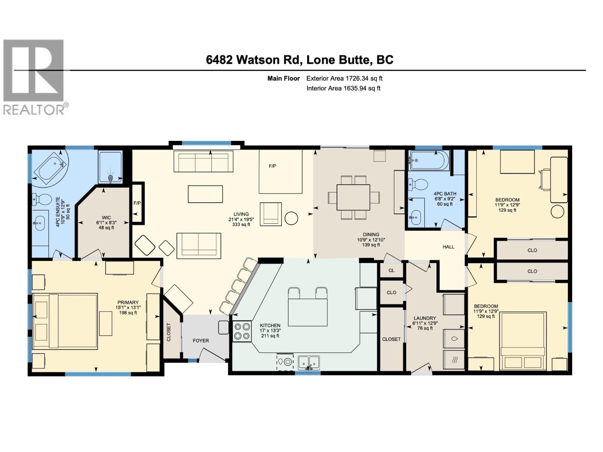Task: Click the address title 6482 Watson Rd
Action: (299, 60)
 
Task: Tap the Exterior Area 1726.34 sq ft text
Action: (344, 78)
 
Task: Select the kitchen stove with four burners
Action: (242, 331)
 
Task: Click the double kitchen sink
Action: (309, 362)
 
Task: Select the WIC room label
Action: (106, 218)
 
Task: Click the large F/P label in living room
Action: (272, 166)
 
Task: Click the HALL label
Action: (448, 247)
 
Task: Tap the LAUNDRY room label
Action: (424, 318)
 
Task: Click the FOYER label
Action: (200, 341)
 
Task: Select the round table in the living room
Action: (291, 218)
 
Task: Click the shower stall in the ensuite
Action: (110, 168)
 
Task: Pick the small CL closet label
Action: (391, 270)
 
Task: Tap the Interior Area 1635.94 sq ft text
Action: (343, 88)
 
